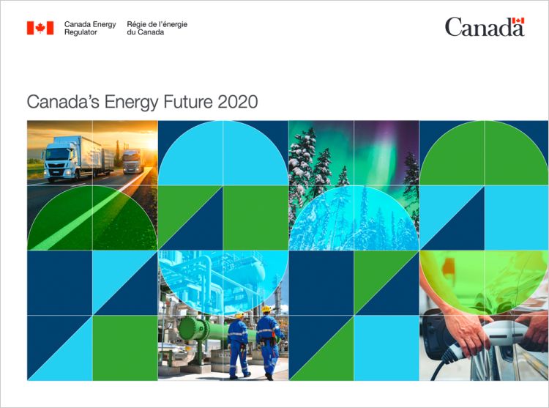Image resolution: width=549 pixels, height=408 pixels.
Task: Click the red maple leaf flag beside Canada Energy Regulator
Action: pyautogui.click(x=40, y=28)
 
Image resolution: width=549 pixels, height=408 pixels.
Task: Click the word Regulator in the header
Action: pyautogui.click(x=81, y=32)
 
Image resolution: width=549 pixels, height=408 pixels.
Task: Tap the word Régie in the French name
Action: pyautogui.click(x=135, y=24)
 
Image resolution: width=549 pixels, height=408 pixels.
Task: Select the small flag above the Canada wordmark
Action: pyautogui.click(x=518, y=21)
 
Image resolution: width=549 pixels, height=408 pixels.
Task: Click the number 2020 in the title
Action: pyautogui.click(x=238, y=102)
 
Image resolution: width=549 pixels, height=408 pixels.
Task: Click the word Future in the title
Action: pyautogui.click(x=188, y=102)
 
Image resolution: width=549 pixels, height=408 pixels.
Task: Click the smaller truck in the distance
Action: pyautogui.click(x=132, y=161)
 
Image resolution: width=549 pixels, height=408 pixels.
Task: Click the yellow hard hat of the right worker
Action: pyautogui.click(x=266, y=309)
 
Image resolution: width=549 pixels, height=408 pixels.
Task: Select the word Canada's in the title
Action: pyautogui.click(x=63, y=102)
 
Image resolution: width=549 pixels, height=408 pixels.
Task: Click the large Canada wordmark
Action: pyautogui.click(x=485, y=27)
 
